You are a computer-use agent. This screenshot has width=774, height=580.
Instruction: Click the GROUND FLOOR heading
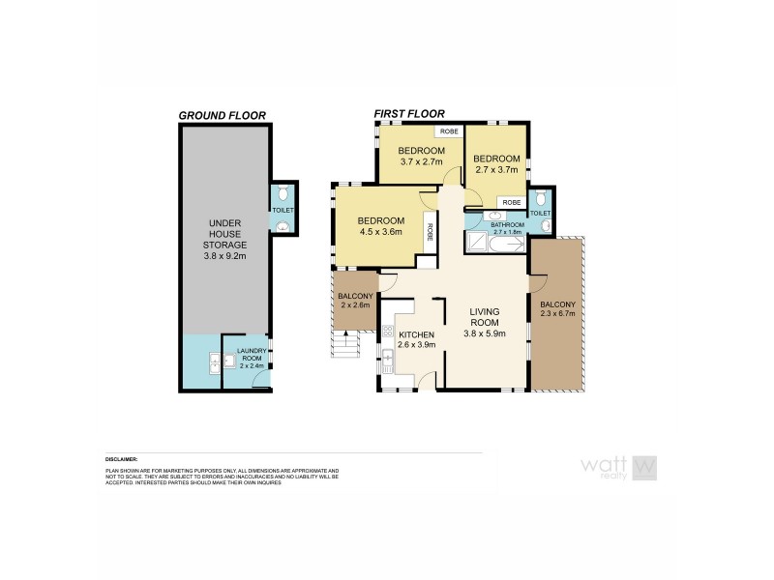(223, 115)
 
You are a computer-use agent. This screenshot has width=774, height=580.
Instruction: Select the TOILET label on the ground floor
(283, 210)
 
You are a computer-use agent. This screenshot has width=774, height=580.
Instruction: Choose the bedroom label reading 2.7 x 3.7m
(497, 163)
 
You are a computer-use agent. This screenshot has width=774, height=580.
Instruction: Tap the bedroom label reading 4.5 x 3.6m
(380, 226)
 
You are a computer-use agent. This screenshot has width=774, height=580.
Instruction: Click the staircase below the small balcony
(343, 345)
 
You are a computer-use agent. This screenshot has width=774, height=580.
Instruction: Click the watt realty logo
(618, 467)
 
